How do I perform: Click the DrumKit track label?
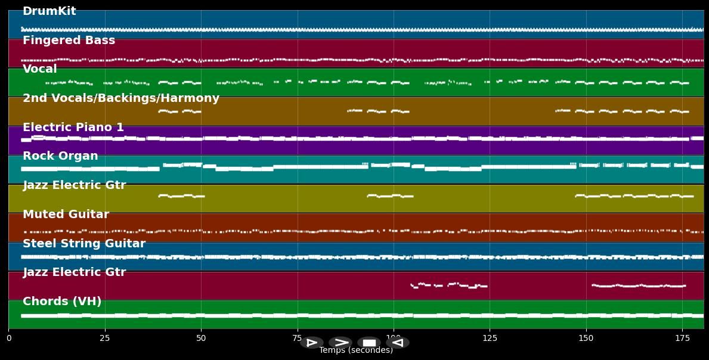49,11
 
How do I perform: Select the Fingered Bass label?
69,41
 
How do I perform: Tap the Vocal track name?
40,69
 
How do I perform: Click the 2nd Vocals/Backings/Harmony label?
121,98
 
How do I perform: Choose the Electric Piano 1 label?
73,128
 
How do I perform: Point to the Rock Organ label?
60,156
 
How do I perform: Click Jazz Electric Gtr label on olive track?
75,185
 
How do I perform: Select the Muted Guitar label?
66,215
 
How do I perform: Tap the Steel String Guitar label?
84,244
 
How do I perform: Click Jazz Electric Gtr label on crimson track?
75,272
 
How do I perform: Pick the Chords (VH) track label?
62,302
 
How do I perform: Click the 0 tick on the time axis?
8,339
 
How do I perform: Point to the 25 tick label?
105,339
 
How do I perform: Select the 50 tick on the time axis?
201,339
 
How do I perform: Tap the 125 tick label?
490,339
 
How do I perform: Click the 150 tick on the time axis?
586,339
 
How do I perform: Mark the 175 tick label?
682,339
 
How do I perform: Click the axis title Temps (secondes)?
356,350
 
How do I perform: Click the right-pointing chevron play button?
340,343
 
